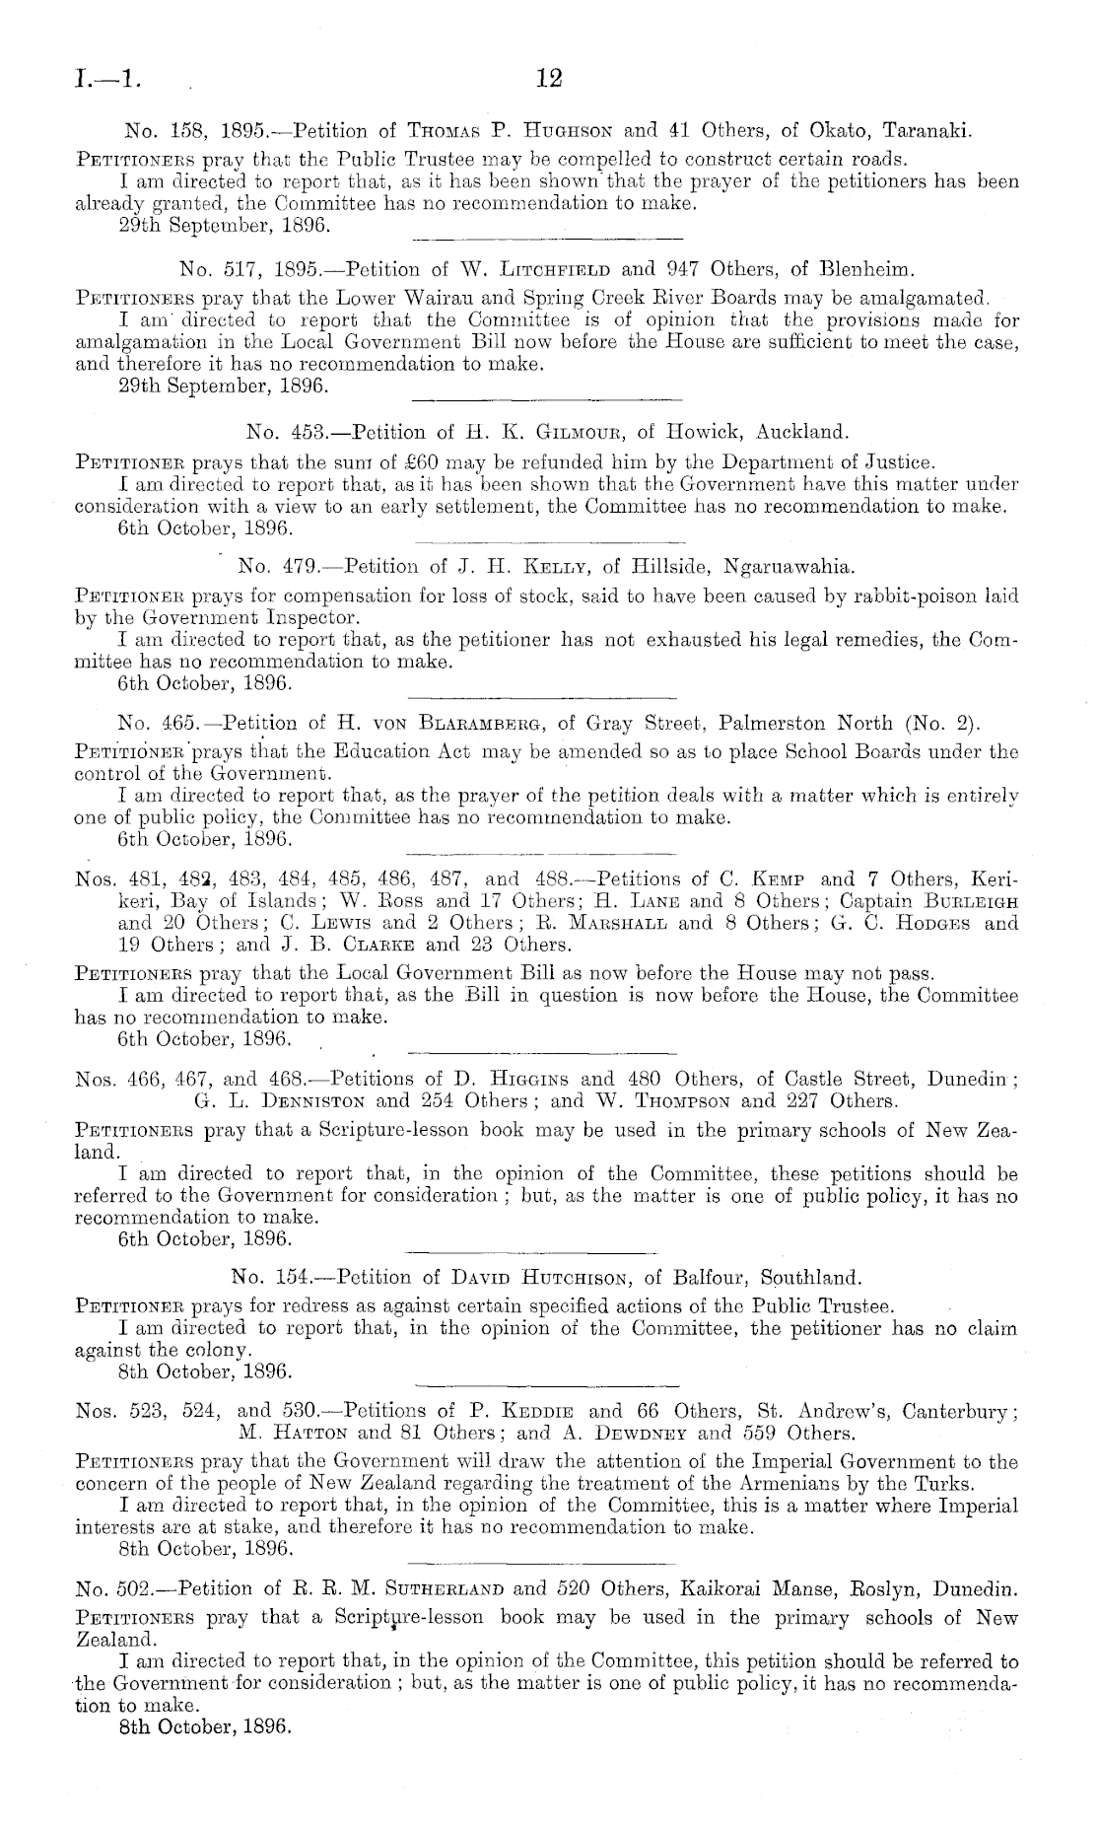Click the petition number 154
coord(296,1279)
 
